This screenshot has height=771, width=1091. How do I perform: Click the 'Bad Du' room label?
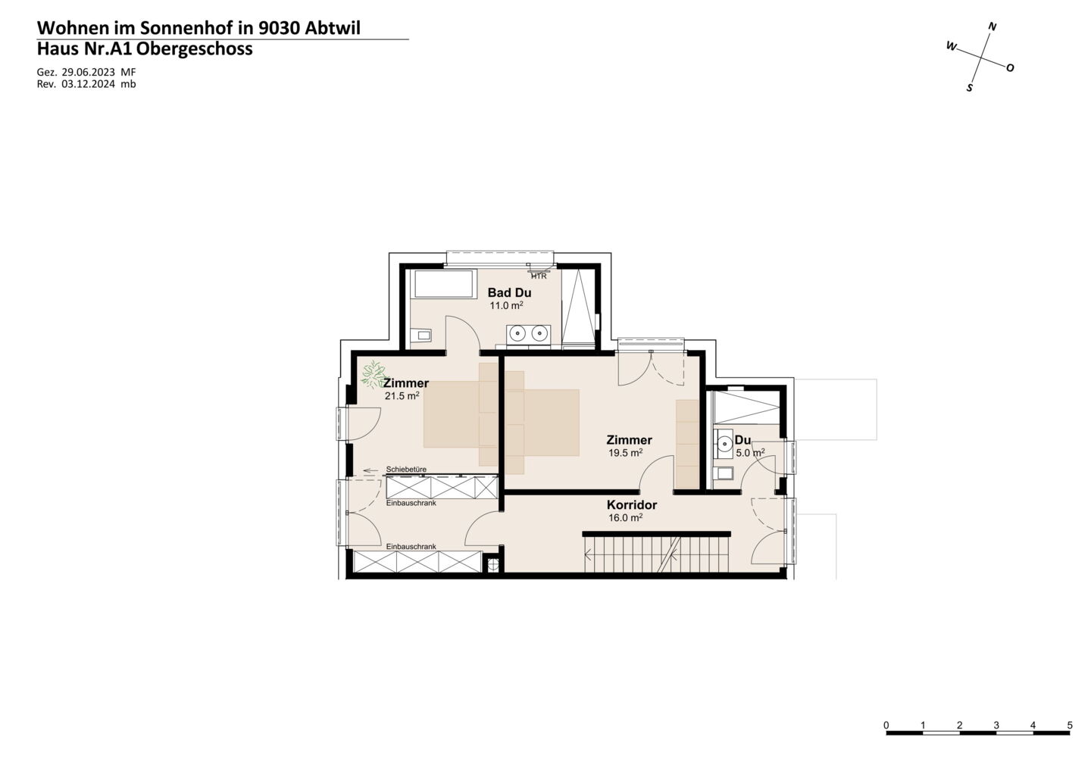[x=509, y=292]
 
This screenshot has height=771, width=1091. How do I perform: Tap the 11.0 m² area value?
[x=507, y=306]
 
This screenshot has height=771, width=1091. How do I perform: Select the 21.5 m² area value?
[x=402, y=395]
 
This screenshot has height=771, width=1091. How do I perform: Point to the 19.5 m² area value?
[x=625, y=453]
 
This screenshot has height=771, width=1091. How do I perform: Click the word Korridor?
[x=632, y=504]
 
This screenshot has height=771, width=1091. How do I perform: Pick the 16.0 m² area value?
[x=625, y=517]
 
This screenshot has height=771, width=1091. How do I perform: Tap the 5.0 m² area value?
[x=750, y=453]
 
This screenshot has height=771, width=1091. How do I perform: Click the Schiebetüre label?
[x=406, y=470]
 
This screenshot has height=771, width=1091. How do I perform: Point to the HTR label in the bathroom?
[x=539, y=276]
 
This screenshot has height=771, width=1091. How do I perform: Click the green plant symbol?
[x=373, y=374]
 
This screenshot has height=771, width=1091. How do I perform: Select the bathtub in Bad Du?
[x=443, y=283]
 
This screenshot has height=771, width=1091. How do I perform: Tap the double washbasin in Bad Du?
[x=529, y=334]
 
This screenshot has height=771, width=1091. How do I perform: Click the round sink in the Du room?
[x=725, y=443]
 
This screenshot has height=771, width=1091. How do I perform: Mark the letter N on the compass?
[x=992, y=27]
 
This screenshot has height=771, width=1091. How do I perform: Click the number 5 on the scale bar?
[x=1070, y=726]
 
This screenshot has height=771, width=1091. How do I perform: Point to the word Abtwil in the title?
[x=333, y=28]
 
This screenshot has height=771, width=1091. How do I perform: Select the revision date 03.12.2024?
[x=89, y=84]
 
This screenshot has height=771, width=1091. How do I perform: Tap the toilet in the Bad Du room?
[x=421, y=335]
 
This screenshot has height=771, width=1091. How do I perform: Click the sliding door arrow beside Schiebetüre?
[x=370, y=470]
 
